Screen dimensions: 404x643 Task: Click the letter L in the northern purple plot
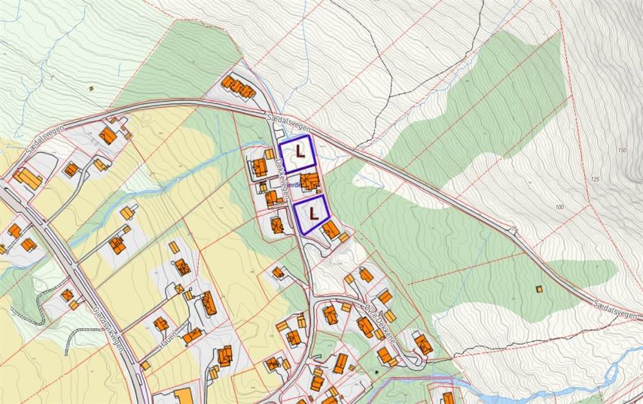(x=300, y=151)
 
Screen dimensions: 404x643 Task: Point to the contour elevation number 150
(x=621, y=151)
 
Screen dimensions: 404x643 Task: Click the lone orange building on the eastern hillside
(x=539, y=289)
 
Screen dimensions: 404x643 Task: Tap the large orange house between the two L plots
(x=309, y=181)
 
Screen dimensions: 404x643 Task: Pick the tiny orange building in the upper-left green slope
(x=91, y=88)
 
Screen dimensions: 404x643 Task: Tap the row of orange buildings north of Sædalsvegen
(x=239, y=86)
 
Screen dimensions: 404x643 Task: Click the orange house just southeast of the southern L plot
(x=332, y=230)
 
